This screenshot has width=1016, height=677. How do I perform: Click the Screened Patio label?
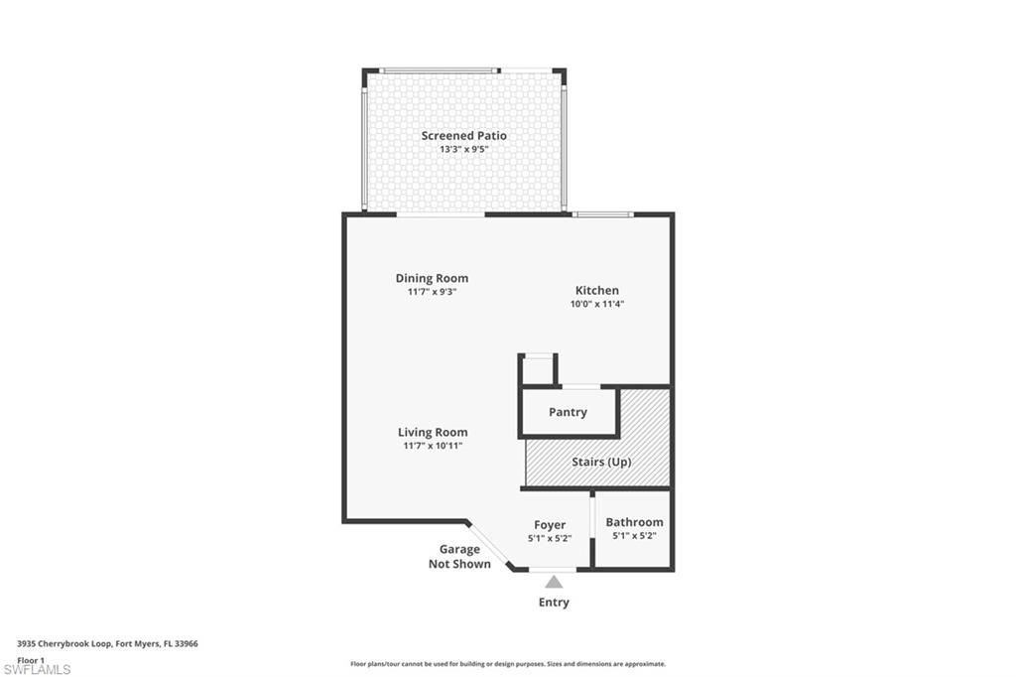(x=463, y=136)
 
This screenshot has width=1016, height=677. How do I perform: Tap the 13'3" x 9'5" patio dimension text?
(x=463, y=150)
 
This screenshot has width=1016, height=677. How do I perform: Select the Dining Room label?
(x=432, y=278)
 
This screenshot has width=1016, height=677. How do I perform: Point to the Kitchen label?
(x=596, y=290)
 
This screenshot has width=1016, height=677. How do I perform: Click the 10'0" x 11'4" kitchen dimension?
(x=596, y=304)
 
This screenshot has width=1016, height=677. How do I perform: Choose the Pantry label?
(x=568, y=412)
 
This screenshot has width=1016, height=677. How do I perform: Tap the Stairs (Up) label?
(x=600, y=463)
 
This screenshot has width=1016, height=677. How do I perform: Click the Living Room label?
(x=433, y=432)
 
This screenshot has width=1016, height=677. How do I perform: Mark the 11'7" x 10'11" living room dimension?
(x=433, y=446)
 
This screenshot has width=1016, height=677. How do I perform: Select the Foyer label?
(x=550, y=525)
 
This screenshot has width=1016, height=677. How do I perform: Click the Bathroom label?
(x=634, y=522)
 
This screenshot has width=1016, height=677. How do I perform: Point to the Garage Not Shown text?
(x=459, y=557)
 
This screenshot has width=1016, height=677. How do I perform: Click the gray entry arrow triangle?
(x=554, y=582)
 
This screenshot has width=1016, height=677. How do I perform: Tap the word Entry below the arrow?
(x=554, y=602)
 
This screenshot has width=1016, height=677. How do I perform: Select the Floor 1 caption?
(x=31, y=659)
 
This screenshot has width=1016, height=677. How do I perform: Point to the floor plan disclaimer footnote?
(x=507, y=664)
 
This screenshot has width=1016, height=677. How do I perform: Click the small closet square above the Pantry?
(x=538, y=369)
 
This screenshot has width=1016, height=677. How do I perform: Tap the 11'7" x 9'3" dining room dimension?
(x=432, y=292)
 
